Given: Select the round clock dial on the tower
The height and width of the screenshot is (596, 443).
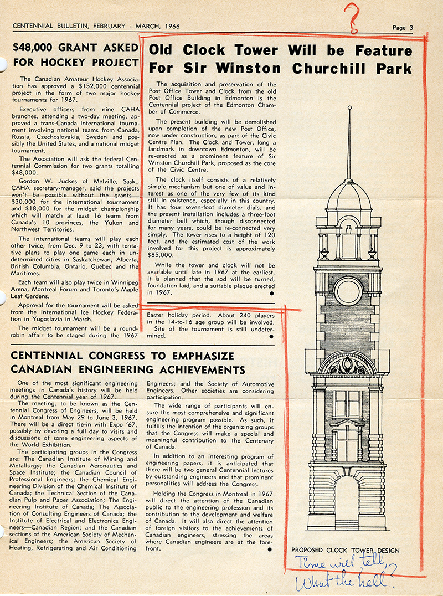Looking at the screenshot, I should pyautogui.click(x=348, y=291).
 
